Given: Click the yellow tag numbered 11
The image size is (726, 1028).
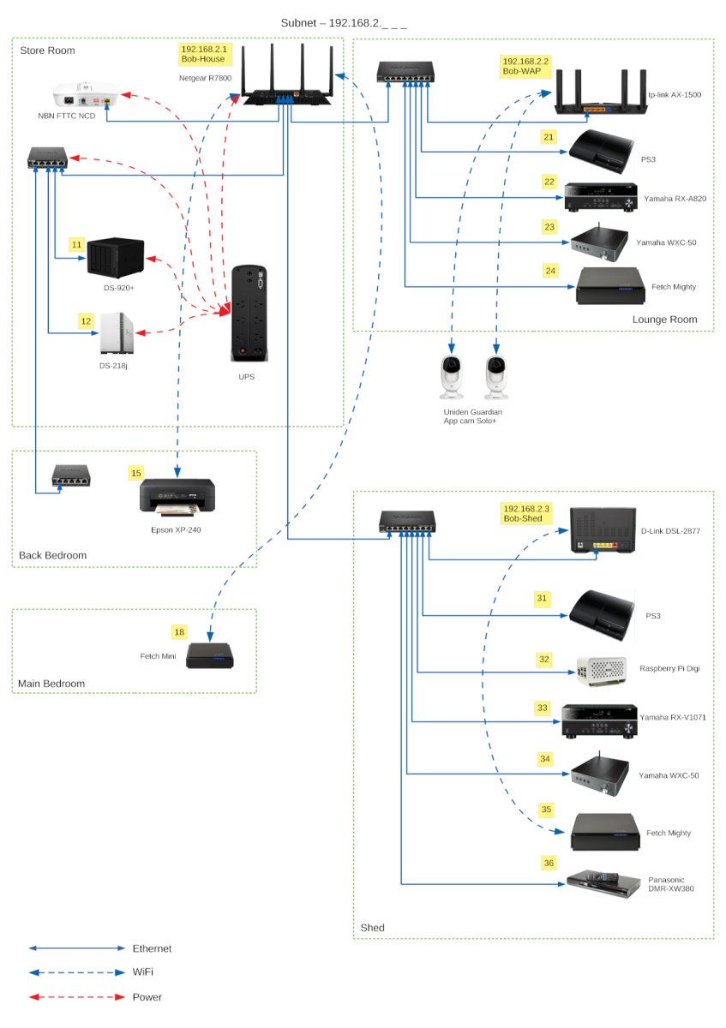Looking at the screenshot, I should pyautogui.click(x=77, y=245).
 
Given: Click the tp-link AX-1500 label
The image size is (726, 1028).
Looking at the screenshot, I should pyautogui.click(x=675, y=96).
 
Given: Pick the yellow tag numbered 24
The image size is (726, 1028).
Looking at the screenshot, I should pyautogui.click(x=550, y=271).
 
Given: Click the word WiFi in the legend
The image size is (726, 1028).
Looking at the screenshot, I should pyautogui.click(x=145, y=972).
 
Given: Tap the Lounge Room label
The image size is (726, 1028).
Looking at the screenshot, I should pyautogui.click(x=664, y=320).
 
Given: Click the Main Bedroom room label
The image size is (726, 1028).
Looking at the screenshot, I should pyautogui.click(x=51, y=684).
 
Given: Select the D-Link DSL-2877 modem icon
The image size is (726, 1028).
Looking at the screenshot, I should pyautogui.click(x=603, y=531).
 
